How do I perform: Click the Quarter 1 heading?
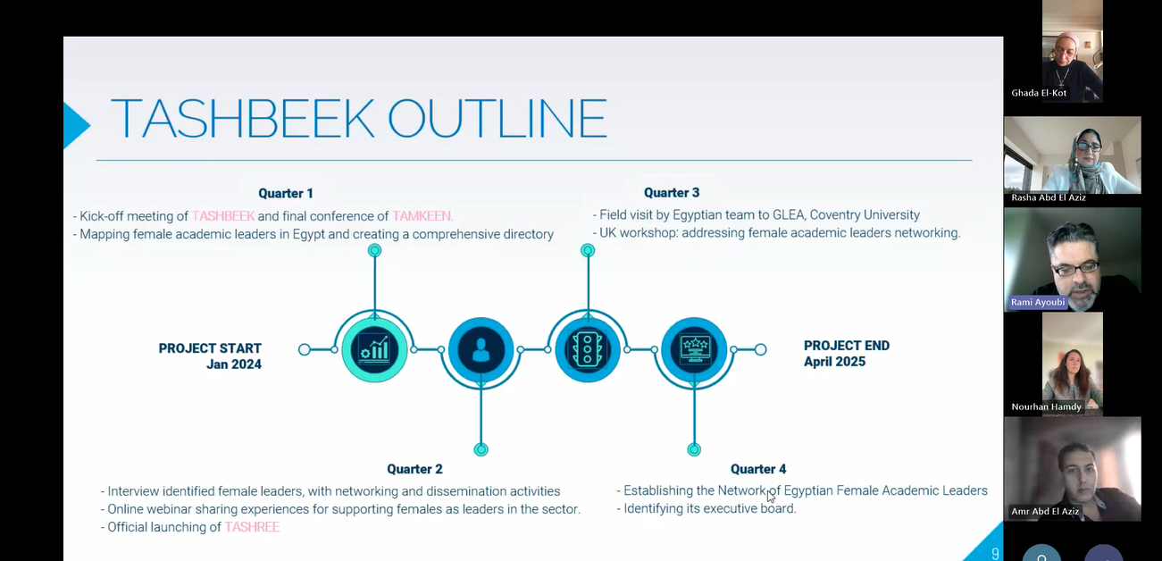(286, 194)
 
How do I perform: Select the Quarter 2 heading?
(414, 469)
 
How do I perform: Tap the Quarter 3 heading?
(672, 193)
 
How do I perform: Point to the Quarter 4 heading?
(758, 469)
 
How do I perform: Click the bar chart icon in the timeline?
(374, 349)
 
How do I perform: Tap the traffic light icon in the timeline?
(587, 349)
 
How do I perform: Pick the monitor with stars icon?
(694, 348)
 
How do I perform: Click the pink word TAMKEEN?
(422, 216)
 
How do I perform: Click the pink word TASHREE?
(252, 527)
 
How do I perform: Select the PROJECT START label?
(210, 348)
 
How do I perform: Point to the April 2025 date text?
(835, 362)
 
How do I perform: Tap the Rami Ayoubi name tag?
(1038, 302)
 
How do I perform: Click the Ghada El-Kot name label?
(1039, 93)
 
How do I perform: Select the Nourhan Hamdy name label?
(1046, 406)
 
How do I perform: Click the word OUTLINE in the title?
(497, 119)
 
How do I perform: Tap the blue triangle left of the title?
(75, 125)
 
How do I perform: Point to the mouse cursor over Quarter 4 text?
(771, 497)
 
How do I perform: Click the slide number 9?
(995, 554)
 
